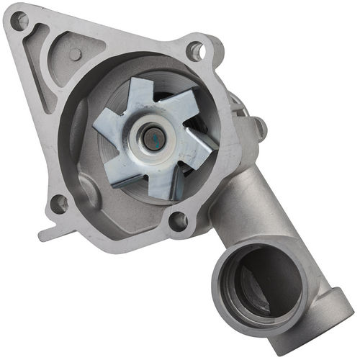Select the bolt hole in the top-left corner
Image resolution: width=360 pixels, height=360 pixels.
tap(19, 21)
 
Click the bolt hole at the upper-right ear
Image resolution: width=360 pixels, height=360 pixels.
tap(195, 50)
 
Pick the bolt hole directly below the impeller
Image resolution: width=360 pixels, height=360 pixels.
tap(176, 221)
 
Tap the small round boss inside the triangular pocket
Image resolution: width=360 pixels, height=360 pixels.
tap(74, 54)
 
